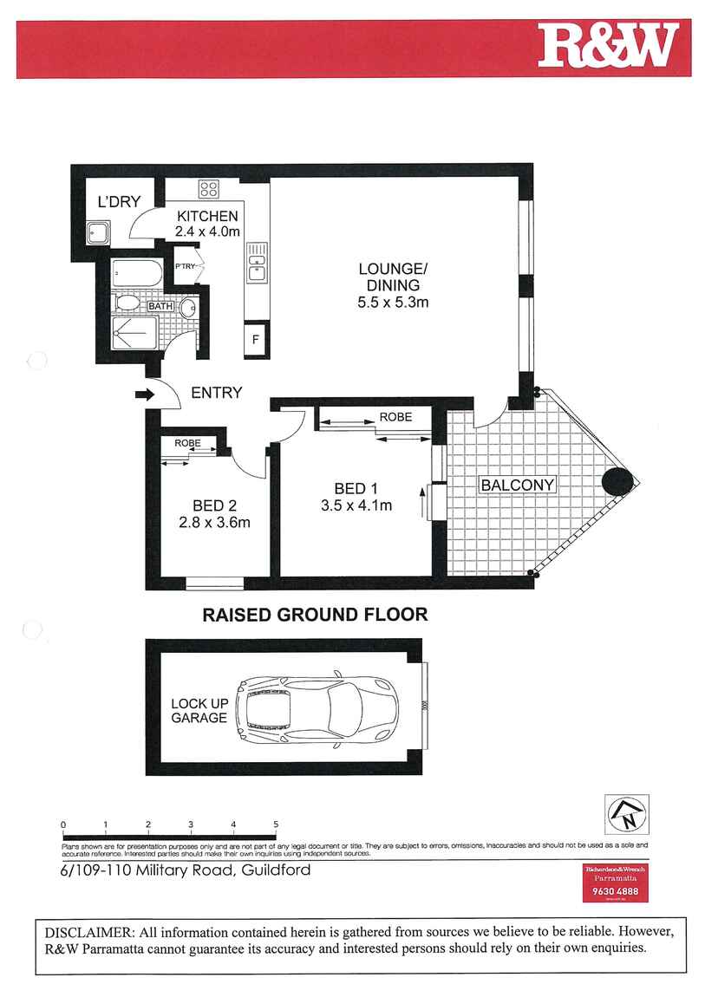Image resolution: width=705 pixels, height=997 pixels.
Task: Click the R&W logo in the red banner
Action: [607, 47]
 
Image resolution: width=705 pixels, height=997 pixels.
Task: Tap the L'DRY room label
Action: [119, 202]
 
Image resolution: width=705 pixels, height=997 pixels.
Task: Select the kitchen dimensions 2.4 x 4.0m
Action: [207, 231]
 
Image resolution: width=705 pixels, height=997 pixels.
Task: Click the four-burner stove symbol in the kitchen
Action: [208, 188]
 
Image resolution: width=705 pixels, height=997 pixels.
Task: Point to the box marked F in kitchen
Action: [256, 339]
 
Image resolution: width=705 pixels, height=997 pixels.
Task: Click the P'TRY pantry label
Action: [185, 267]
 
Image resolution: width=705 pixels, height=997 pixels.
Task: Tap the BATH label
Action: [160, 306]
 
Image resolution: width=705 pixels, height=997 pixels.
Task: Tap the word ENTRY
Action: [216, 393]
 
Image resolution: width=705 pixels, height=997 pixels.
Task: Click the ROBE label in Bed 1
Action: [395, 417]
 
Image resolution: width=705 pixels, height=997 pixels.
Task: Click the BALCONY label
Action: [517, 485]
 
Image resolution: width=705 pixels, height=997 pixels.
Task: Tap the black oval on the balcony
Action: [619, 482]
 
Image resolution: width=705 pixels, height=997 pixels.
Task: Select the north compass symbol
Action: [625, 814]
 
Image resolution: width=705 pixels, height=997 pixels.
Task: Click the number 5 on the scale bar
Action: [276, 824]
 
